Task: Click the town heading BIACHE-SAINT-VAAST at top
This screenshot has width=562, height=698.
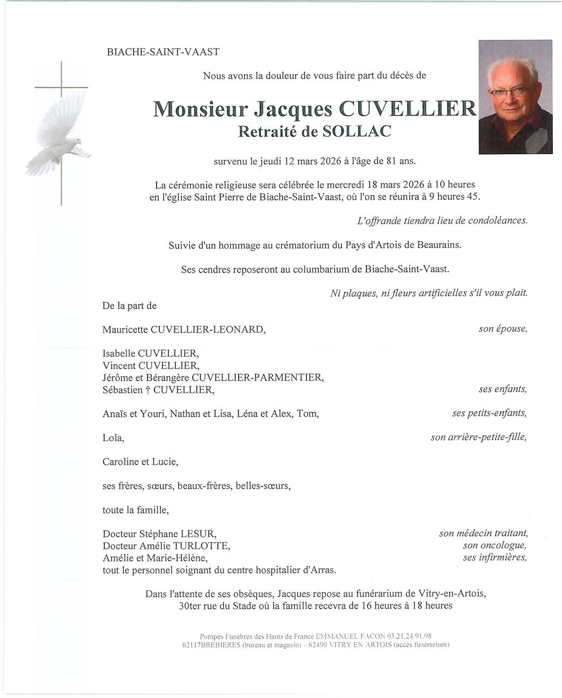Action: tap(163, 52)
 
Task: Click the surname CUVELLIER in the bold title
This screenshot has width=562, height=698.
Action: tap(408, 109)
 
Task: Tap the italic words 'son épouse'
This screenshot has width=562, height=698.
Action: tap(503, 329)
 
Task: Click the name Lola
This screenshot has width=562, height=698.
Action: tap(113, 438)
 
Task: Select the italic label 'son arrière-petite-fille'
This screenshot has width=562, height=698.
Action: tap(479, 437)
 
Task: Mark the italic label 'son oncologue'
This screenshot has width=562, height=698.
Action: tap(494, 545)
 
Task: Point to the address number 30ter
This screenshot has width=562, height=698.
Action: tap(191, 606)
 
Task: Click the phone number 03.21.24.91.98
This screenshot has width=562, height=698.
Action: tap(409, 636)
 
